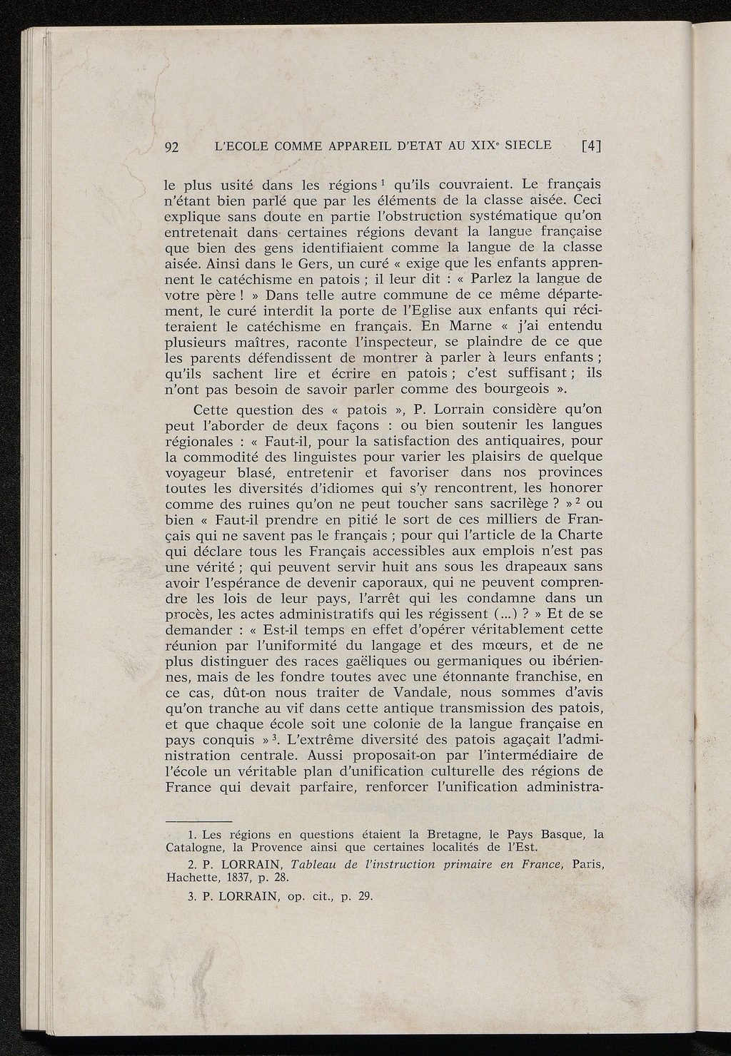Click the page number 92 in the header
[x=171, y=148]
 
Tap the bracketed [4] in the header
[x=592, y=146]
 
